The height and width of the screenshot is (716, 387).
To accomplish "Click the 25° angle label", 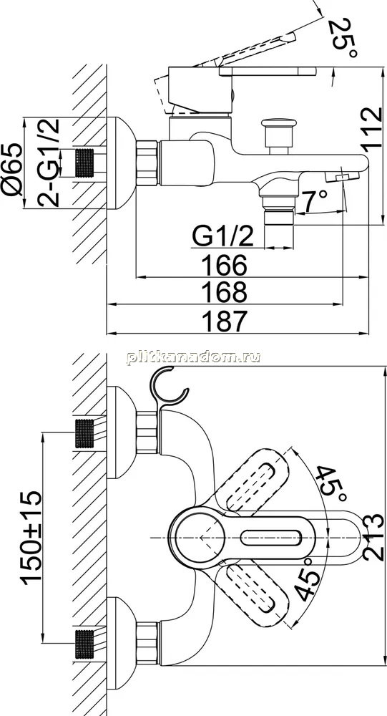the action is [345, 39].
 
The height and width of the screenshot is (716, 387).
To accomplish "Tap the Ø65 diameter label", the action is [11, 170].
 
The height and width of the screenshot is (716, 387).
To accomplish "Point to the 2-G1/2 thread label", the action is [49, 162].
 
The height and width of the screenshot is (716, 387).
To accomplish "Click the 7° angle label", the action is [314, 201].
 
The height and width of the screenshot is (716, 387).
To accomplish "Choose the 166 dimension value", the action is [225, 266].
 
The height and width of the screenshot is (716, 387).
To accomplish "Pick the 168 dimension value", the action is [225, 292].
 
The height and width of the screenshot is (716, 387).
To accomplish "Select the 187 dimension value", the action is [225, 321].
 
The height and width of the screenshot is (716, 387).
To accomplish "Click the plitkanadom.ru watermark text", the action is [193, 358].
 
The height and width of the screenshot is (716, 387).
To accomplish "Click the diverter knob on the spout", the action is [278, 135].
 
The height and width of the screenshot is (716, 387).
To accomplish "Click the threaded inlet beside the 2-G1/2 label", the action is [85, 163].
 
